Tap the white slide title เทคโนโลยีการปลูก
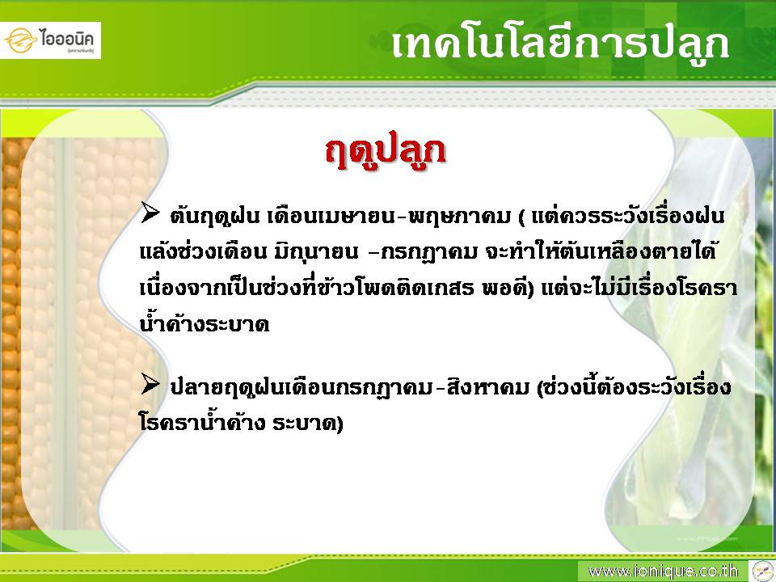(x=559, y=44)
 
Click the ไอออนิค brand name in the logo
(x=67, y=39)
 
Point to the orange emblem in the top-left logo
(x=21, y=40)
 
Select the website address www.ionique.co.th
(x=663, y=571)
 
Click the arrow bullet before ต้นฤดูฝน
(x=150, y=212)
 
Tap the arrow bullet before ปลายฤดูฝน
(x=150, y=384)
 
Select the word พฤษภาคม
(x=459, y=217)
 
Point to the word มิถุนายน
(x=316, y=252)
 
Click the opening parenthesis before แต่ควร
(x=522, y=217)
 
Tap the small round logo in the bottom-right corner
(x=761, y=571)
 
